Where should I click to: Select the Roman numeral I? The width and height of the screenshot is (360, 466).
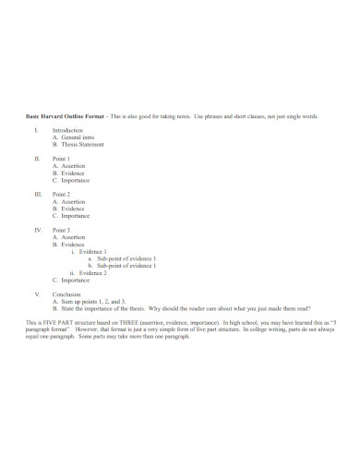[36, 132]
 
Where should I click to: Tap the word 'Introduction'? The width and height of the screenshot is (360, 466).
[68, 132]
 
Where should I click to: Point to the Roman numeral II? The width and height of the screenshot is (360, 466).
[37, 160]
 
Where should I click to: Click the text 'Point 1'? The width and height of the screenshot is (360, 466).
[63, 160]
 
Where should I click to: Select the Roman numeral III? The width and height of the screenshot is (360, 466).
[38, 195]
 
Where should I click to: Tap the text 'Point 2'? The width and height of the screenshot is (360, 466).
[63, 195]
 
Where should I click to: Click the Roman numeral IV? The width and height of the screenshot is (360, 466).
[38, 229]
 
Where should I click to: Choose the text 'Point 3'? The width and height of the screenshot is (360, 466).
[63, 229]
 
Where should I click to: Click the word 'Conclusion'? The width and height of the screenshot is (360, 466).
[67, 293]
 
